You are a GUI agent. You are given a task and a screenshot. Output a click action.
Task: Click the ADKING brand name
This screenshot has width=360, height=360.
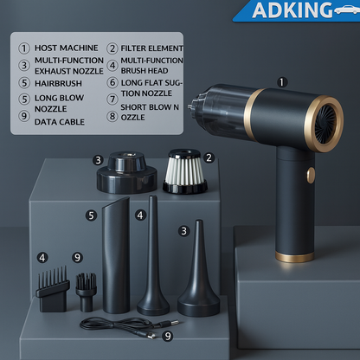[x=292, y=10]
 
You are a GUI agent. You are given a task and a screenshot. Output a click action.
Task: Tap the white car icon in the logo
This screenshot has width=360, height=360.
[x=347, y=10]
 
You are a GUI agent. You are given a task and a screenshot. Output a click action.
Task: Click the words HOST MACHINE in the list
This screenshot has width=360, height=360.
[x=67, y=48]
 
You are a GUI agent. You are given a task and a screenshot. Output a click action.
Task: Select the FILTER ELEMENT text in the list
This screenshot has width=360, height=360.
[x=152, y=48]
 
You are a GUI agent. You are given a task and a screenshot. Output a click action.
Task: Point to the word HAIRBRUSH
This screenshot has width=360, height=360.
[x=58, y=83]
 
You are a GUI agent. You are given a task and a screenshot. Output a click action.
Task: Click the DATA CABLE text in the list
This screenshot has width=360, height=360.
[x=60, y=122]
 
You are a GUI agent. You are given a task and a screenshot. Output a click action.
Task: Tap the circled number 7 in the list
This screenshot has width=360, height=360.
[x=112, y=100]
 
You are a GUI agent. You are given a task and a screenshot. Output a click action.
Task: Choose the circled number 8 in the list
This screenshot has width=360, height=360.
[x=112, y=117]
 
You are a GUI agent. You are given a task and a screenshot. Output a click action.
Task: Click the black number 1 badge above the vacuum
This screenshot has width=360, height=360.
[x=282, y=82]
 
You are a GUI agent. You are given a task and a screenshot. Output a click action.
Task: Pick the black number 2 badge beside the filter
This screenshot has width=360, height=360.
[x=209, y=157]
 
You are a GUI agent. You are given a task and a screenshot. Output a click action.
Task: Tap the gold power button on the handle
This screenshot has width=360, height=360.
[x=311, y=175]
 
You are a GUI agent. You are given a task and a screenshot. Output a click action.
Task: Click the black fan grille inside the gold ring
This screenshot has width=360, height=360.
[x=325, y=124]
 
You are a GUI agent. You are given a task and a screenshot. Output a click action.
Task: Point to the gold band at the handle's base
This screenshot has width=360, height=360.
[x=294, y=256]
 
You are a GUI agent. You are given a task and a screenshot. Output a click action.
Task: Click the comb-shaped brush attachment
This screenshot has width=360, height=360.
[x=53, y=289]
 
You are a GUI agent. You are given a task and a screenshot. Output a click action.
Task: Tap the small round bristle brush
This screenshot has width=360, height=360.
[x=86, y=292]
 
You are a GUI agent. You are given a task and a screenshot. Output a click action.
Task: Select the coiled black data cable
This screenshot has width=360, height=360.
[x=127, y=326]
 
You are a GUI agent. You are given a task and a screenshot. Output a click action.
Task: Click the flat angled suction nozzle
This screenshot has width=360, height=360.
[x=116, y=255]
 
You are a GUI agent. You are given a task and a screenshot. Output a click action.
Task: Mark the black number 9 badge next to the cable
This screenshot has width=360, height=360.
[x=168, y=336]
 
